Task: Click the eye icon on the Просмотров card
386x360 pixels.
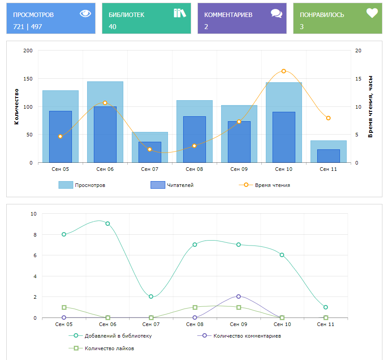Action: [85, 13]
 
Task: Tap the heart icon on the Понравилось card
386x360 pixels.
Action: [372, 13]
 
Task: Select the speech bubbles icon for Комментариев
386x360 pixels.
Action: [277, 13]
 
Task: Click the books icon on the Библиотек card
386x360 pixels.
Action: [180, 13]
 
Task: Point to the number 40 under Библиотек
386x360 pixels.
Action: [113, 27]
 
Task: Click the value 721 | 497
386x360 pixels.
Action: [28, 27]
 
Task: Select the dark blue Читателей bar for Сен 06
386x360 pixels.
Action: [105, 134]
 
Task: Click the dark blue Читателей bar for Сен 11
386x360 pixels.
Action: [328, 156]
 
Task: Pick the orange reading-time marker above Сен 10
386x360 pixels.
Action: [284, 71]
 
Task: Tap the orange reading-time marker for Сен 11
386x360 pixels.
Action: [328, 118]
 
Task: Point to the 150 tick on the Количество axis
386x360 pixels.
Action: [28, 79]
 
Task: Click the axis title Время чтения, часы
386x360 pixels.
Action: [370, 106]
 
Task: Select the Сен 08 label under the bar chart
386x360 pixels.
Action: [194, 169]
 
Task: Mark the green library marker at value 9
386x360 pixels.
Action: [108, 224]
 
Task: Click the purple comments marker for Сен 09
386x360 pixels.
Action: [239, 296]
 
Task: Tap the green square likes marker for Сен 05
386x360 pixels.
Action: [64, 307]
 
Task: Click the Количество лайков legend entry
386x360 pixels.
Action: [109, 348]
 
